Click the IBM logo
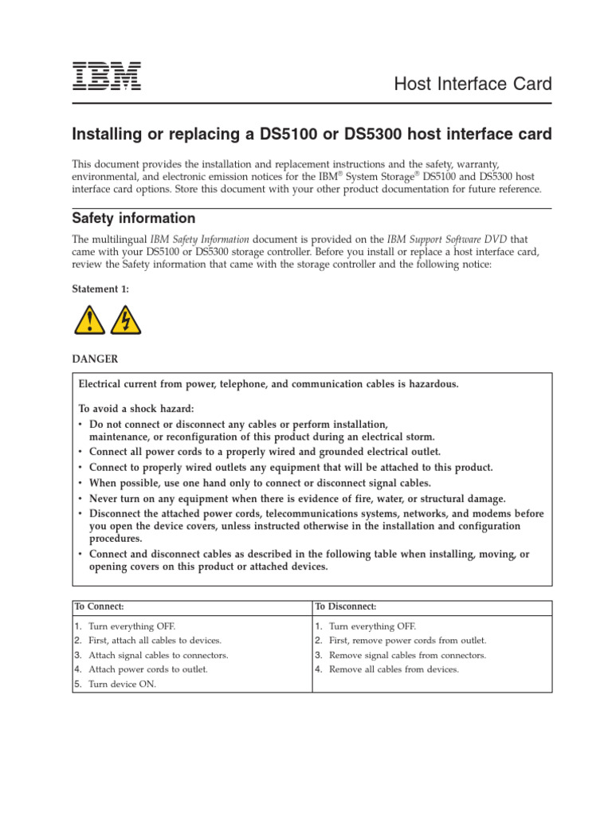tap(107, 75)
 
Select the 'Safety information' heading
tap(133, 218)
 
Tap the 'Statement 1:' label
tap(100, 289)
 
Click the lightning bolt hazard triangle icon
tap(125, 320)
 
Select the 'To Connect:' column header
tap(100, 607)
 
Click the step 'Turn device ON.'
tap(122, 684)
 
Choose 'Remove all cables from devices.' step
tap(394, 669)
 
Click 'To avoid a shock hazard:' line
tap(135, 408)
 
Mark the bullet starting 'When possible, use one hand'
tap(260, 483)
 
